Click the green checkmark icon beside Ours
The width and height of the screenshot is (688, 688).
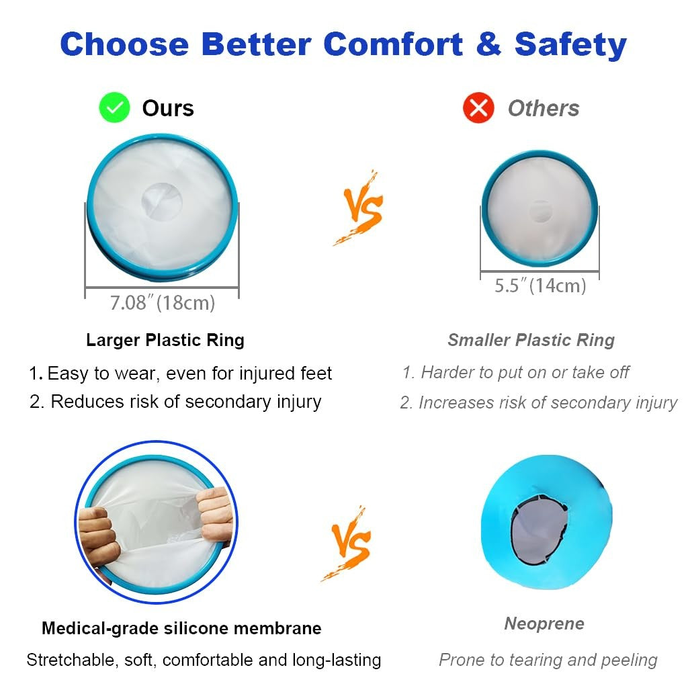(x=114, y=108)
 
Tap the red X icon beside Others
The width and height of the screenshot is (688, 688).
(x=478, y=108)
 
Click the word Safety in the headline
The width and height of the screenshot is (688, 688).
(x=570, y=44)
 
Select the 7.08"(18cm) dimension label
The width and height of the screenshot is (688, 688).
(x=163, y=303)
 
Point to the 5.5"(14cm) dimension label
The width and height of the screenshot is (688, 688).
(x=540, y=286)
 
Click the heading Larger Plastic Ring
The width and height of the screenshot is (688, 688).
(x=165, y=340)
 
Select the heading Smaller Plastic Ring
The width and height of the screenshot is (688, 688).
(x=531, y=340)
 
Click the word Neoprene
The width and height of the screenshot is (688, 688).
(x=544, y=623)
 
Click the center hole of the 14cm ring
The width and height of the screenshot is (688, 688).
(x=540, y=212)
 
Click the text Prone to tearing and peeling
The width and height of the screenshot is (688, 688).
(x=548, y=660)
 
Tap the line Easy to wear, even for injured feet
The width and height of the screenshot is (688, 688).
(x=180, y=373)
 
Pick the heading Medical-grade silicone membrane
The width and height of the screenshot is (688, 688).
(x=181, y=628)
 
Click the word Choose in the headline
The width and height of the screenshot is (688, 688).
(x=124, y=44)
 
